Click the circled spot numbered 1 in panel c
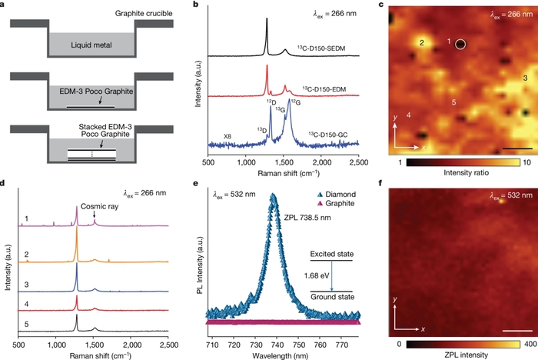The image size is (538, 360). click(460, 45)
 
